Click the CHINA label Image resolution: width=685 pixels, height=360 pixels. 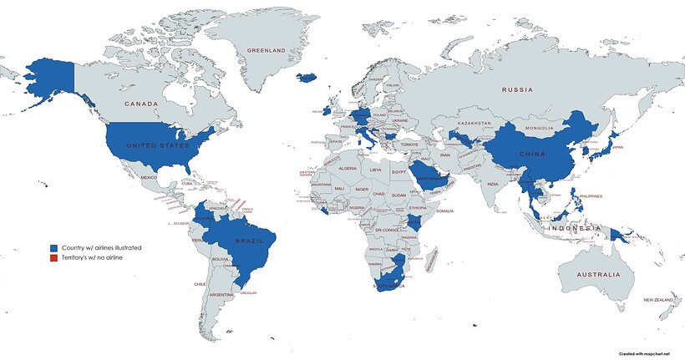tap(532, 155)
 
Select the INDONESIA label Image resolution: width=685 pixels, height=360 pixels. tap(573, 228)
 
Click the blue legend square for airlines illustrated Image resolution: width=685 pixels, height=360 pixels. tap(53, 248)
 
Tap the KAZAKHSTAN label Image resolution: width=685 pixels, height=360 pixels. tap(471, 123)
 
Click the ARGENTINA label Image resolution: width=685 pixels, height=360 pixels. tap(221, 295)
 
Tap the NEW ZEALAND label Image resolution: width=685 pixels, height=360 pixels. tap(657, 300)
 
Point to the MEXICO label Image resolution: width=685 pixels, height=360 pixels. tap(149, 177)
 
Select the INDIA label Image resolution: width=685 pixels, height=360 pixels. tap(493, 184)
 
